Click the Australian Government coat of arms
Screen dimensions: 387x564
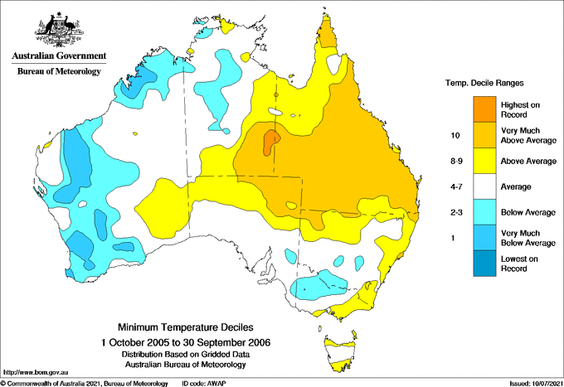point(59,29)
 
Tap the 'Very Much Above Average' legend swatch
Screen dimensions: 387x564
point(487,134)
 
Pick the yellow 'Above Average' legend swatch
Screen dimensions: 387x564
point(487,161)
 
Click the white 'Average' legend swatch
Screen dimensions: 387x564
point(487,186)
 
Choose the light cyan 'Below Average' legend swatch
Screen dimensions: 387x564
point(487,213)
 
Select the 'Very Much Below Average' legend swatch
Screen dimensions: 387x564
point(487,239)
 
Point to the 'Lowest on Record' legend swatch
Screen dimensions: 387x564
point(487,264)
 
